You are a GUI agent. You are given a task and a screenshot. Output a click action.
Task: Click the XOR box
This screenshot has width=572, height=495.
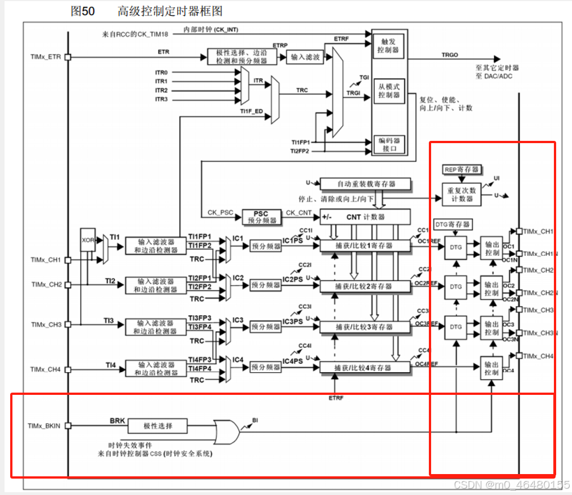(87, 240)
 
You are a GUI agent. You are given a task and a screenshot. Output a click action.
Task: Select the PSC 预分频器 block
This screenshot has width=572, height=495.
(261, 217)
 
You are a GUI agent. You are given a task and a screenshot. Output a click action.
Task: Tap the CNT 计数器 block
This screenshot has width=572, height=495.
(365, 217)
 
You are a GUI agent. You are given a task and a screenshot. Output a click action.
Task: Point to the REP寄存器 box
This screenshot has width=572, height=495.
(462, 169)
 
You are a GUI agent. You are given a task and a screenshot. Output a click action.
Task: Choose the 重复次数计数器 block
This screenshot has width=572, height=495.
(462, 195)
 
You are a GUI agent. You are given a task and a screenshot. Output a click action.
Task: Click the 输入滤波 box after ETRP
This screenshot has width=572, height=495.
(305, 57)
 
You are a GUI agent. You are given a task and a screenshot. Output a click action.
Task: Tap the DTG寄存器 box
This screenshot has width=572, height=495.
(453, 224)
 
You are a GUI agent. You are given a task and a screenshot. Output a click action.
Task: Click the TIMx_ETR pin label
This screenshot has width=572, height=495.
(45, 57)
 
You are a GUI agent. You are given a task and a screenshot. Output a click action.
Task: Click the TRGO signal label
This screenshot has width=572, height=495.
(451, 55)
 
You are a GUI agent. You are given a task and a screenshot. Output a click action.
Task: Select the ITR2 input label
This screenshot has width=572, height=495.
(161, 91)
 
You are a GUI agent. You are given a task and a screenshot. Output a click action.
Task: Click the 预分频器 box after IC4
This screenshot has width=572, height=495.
(265, 367)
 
